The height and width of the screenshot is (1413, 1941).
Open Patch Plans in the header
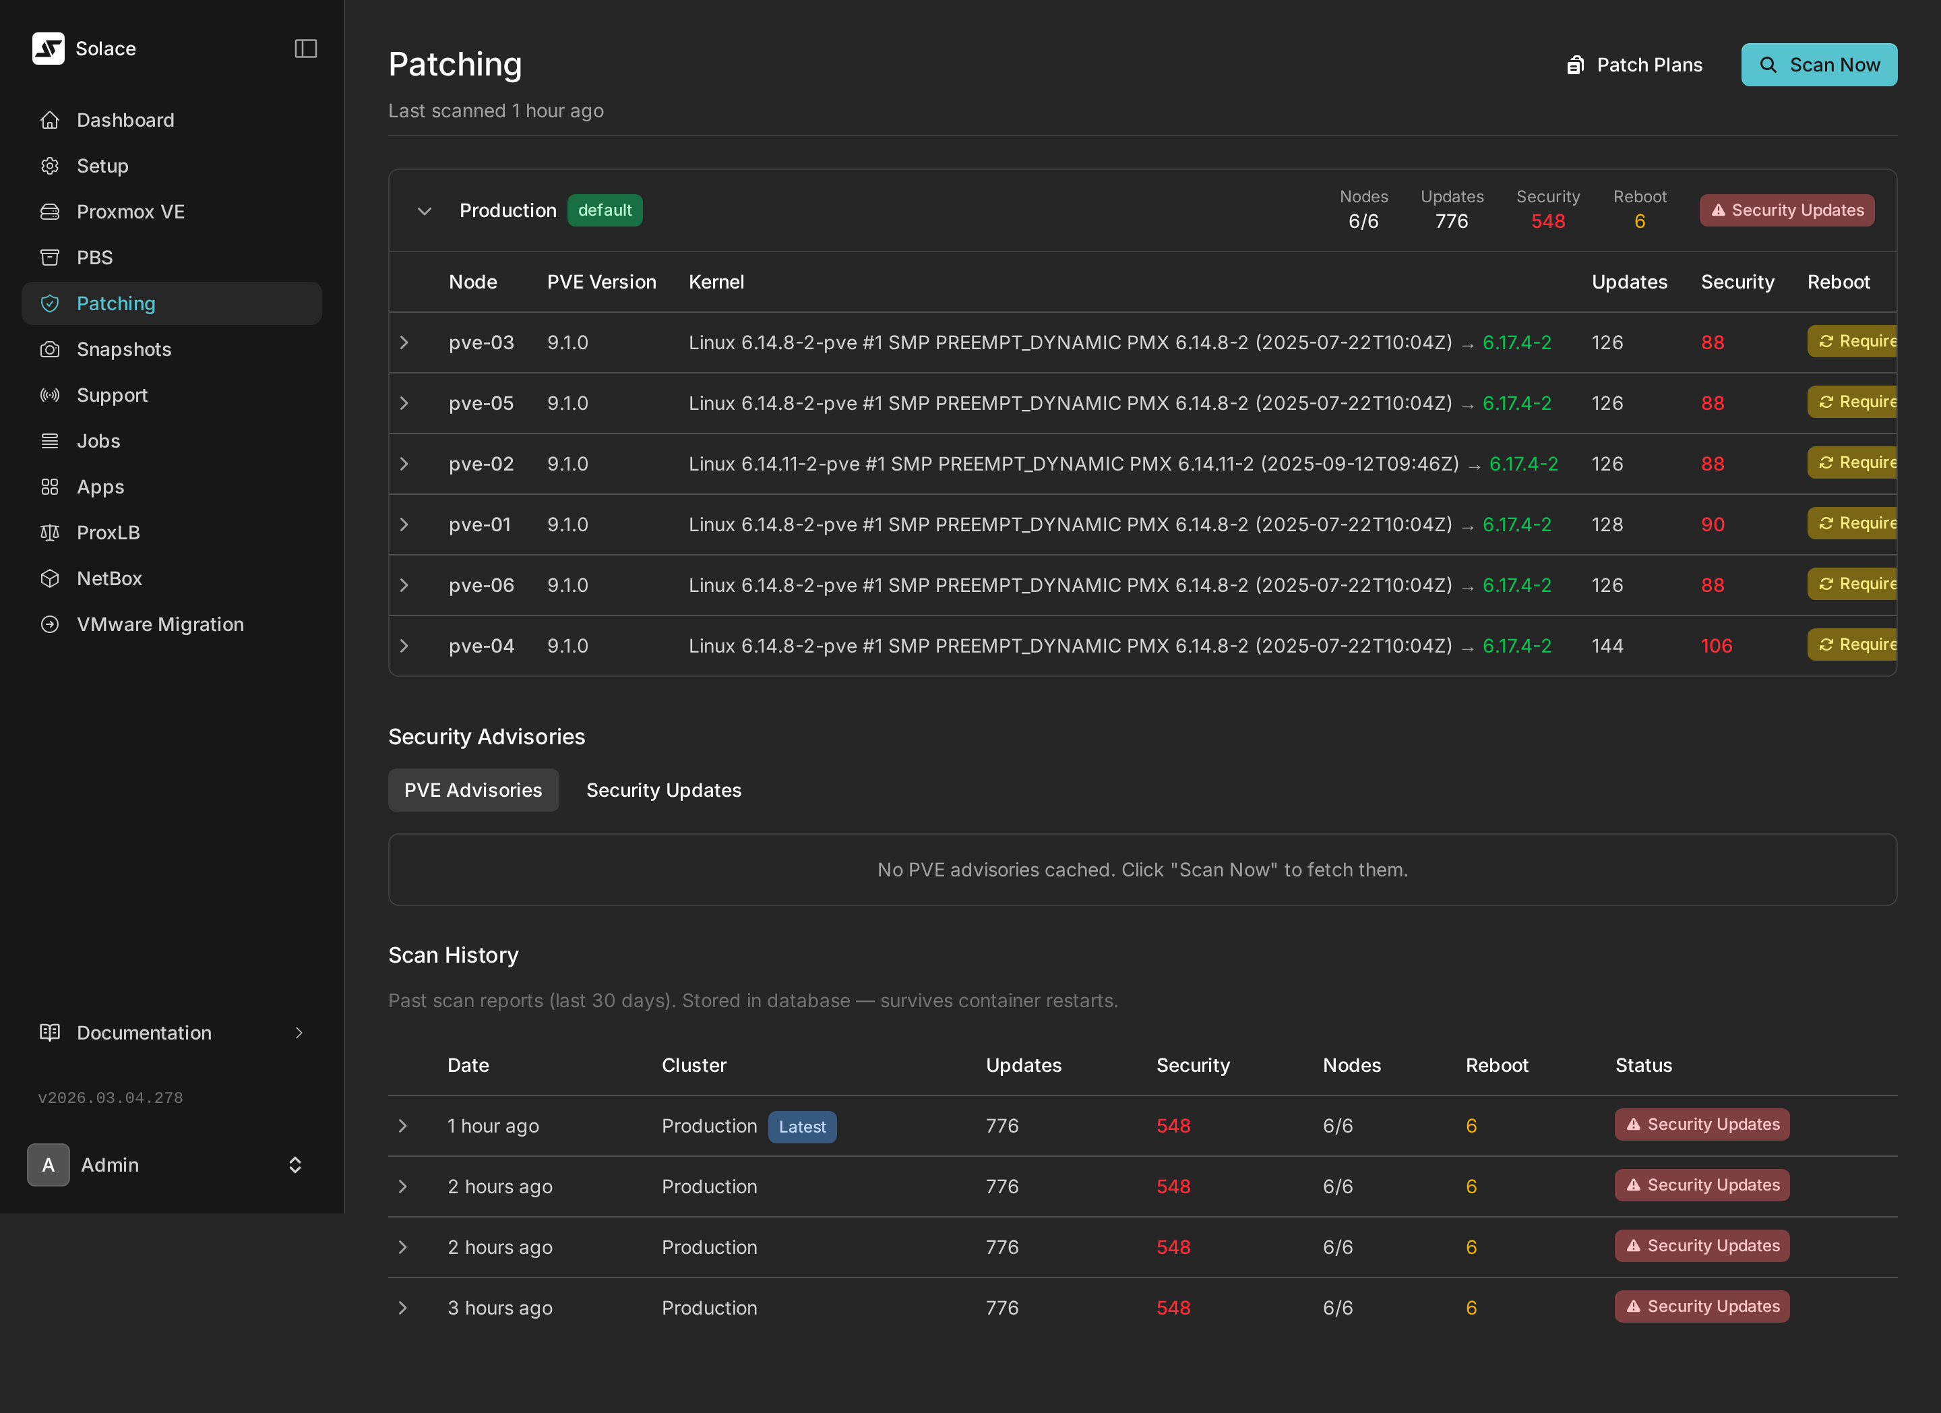(x=1634, y=65)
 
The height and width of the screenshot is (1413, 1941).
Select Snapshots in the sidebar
(x=124, y=349)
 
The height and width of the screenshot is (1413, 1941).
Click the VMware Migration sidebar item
(x=160, y=624)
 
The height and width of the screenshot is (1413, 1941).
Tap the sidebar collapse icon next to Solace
(x=305, y=49)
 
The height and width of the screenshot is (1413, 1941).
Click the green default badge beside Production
(x=605, y=210)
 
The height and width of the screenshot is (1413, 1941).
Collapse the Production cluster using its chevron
(x=425, y=212)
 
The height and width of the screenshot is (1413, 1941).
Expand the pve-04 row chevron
(x=404, y=646)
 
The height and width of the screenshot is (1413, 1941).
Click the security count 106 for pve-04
(x=1716, y=646)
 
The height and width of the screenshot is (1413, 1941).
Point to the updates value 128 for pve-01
(x=1606, y=524)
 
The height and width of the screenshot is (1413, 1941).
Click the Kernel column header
(x=716, y=282)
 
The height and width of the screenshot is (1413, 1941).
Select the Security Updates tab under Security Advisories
(x=663, y=790)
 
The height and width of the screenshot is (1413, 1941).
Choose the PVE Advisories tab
(x=473, y=790)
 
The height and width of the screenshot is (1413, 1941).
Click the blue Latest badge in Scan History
(x=801, y=1127)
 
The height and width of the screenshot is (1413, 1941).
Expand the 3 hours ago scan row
(x=403, y=1308)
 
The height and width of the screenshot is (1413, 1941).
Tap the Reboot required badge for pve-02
(x=1853, y=463)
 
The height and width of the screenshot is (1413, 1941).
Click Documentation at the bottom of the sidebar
(x=144, y=1033)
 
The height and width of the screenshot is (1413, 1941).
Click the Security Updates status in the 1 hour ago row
(x=1701, y=1124)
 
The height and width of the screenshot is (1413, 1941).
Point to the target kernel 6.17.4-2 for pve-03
(x=1516, y=342)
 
